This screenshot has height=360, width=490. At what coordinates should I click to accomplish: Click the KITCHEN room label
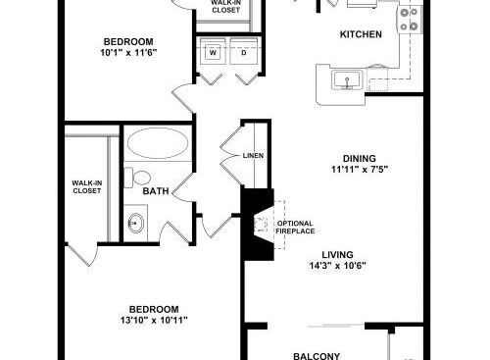coord(361,34)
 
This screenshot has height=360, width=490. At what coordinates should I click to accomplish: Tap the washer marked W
coord(213,52)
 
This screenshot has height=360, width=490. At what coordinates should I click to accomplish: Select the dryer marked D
coord(244,52)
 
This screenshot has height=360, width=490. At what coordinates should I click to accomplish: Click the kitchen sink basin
coord(347,79)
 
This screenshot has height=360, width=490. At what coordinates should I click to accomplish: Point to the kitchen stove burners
coord(409,20)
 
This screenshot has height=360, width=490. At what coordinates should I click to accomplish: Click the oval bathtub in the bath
coord(158,143)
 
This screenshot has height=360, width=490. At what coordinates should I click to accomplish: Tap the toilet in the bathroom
coord(137,178)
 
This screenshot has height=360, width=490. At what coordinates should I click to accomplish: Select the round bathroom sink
coord(135,223)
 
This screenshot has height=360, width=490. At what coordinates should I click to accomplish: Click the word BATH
coord(156,191)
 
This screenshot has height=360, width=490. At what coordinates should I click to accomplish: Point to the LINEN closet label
coord(253,156)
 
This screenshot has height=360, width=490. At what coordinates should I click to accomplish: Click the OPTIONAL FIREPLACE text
coord(295,228)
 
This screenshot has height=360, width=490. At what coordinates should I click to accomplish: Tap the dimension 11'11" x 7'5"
coord(360,170)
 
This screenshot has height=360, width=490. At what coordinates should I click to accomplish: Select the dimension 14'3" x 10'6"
coord(337,265)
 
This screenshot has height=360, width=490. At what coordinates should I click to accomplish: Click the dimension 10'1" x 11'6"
coord(128,52)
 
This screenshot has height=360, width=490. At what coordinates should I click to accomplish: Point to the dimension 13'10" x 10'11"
coord(154,320)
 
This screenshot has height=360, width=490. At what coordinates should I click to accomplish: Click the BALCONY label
coord(317,356)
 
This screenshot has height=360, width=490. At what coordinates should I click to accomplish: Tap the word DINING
coord(360,159)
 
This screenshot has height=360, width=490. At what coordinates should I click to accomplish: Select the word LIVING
coord(337,254)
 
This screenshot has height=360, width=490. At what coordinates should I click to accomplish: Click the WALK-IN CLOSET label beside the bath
coord(86,186)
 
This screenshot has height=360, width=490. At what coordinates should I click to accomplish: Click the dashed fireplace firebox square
coord(261,225)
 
